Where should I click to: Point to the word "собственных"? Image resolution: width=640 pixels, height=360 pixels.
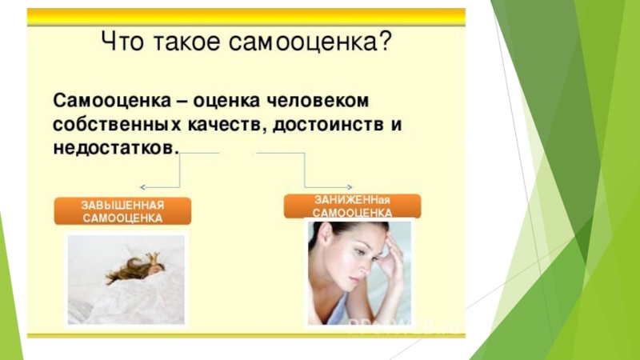point(109,126)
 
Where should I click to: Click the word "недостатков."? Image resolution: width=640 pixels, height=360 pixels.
point(117,149)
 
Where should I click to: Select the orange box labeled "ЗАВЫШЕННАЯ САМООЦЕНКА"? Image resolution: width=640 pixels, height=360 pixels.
point(122,211)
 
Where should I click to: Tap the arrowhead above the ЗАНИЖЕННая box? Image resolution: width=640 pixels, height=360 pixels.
point(306,186)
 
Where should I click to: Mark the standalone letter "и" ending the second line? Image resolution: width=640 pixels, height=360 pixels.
point(393,126)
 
